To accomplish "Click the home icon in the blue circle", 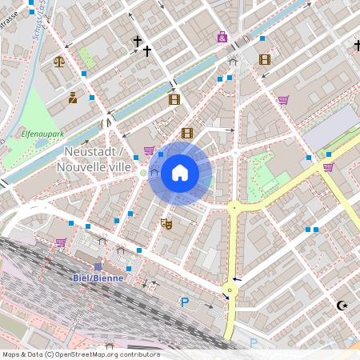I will (x=180, y=173).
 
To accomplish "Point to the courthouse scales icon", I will (x=58, y=60).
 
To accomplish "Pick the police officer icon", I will (x=73, y=98).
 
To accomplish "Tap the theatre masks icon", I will (x=166, y=224).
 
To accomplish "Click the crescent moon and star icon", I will (x=343, y=305).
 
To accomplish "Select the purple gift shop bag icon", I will (x=222, y=37).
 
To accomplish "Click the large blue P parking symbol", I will (x=185, y=302).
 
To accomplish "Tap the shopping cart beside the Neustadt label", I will (x=149, y=150).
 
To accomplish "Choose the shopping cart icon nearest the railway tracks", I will (x=61, y=242).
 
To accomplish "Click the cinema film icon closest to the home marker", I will (x=187, y=133).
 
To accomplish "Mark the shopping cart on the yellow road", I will (x=328, y=167).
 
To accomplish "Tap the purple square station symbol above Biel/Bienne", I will (x=98, y=266).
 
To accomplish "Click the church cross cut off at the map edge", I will (x=357, y=46).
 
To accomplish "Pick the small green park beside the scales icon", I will (x=85, y=58).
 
